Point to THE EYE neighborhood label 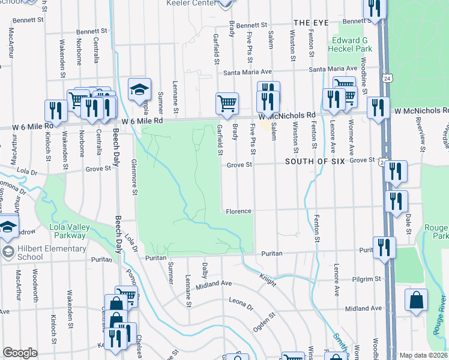click(x=311, y=22)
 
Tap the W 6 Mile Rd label click(x=142, y=121)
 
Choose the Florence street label click(x=238, y=211)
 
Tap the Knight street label click(x=268, y=278)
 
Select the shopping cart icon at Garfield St click(x=228, y=104)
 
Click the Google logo click(x=20, y=353)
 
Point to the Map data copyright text click(x=423, y=355)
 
